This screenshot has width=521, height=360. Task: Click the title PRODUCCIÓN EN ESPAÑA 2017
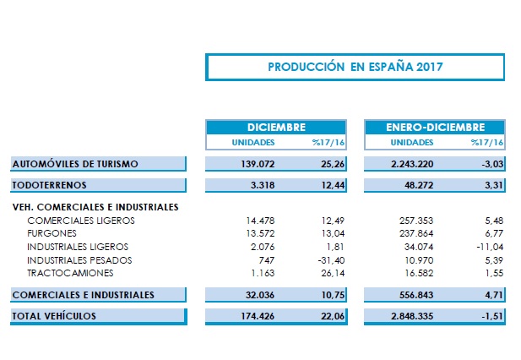point(355,66)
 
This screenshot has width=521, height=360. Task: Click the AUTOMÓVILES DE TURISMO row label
point(75,163)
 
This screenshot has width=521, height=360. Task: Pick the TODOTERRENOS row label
point(50,183)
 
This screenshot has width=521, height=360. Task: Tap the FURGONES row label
point(52,233)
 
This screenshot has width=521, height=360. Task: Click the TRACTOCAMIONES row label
point(68,273)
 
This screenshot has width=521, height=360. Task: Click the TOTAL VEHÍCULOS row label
point(55,315)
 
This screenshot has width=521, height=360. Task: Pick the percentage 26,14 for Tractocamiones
point(320,273)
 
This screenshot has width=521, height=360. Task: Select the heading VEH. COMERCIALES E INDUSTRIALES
point(95,206)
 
